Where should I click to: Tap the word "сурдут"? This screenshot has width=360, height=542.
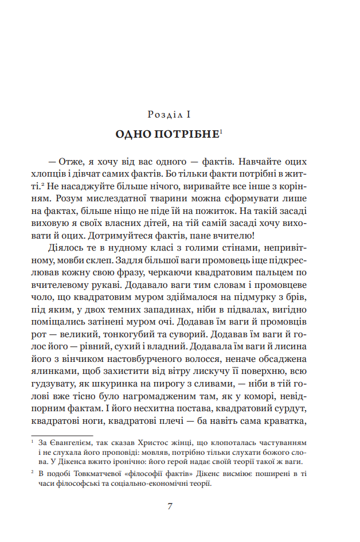(292, 410)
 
